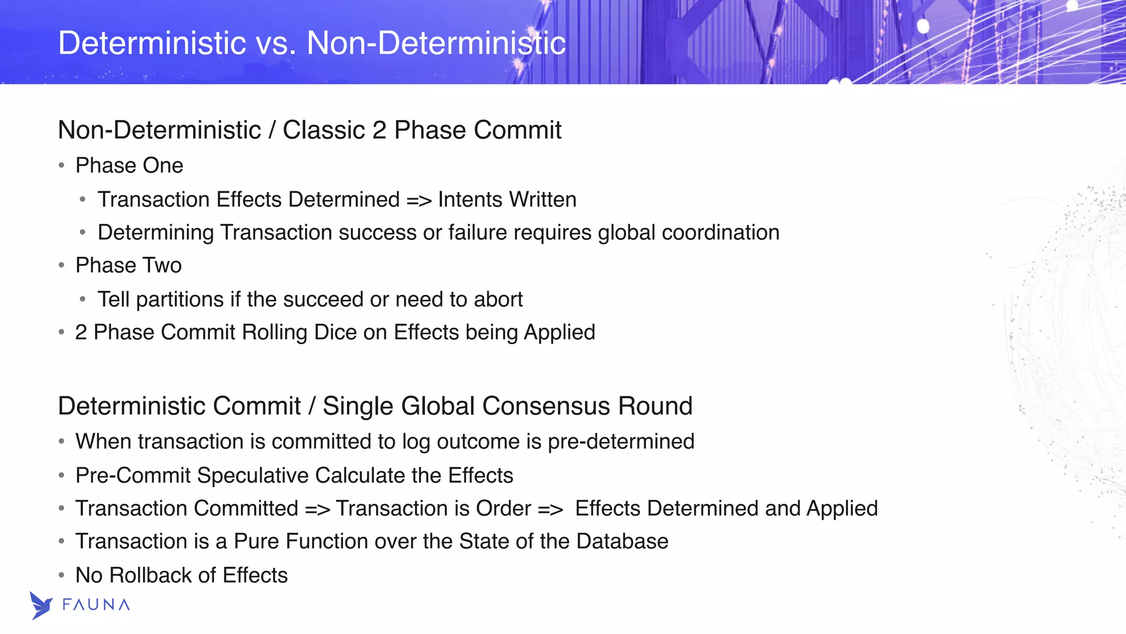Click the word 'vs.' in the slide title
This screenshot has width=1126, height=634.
point(276,43)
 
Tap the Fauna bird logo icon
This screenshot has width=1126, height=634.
point(41,605)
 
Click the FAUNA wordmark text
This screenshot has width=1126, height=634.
point(96,605)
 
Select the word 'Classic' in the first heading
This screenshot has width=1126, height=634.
point(323,130)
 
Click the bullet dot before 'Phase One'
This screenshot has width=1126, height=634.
point(62,166)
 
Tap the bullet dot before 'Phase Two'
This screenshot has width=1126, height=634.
point(62,266)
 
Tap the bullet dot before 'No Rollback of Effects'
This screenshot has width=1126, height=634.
point(62,576)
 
